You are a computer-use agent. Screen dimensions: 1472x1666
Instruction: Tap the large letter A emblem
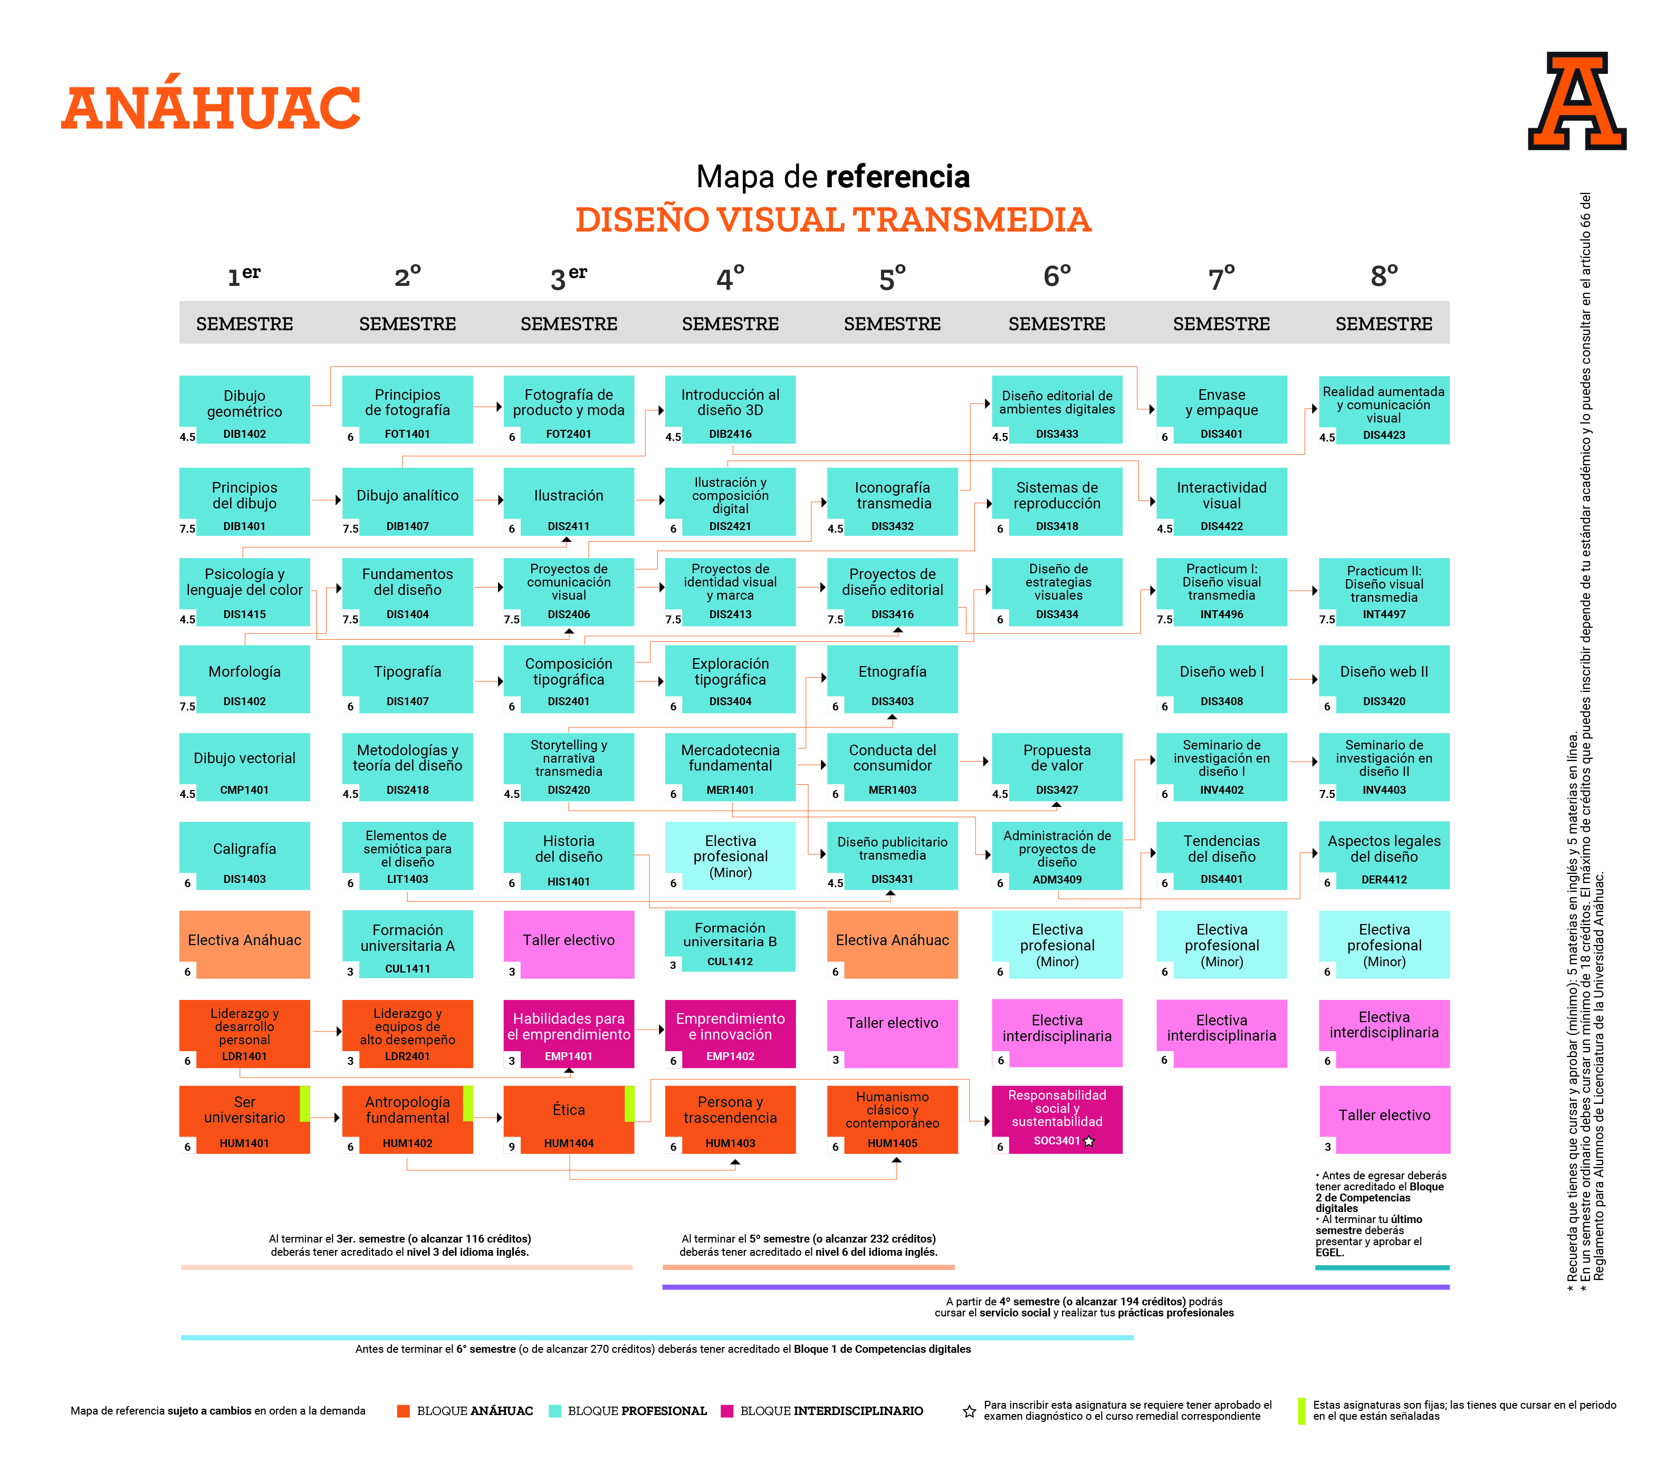point(1576,102)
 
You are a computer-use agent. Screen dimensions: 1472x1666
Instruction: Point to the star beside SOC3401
point(1089,1141)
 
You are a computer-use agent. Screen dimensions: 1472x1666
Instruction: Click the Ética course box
point(568,1118)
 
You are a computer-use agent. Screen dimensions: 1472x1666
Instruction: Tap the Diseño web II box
point(1383,678)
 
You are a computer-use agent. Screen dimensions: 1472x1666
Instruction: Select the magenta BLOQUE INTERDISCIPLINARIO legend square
point(727,1411)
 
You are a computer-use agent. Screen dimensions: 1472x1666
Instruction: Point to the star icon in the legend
point(969,1411)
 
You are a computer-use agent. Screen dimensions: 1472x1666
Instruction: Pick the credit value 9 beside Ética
point(512,1146)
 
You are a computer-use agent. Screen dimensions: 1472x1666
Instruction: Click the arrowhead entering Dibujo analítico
point(338,499)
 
